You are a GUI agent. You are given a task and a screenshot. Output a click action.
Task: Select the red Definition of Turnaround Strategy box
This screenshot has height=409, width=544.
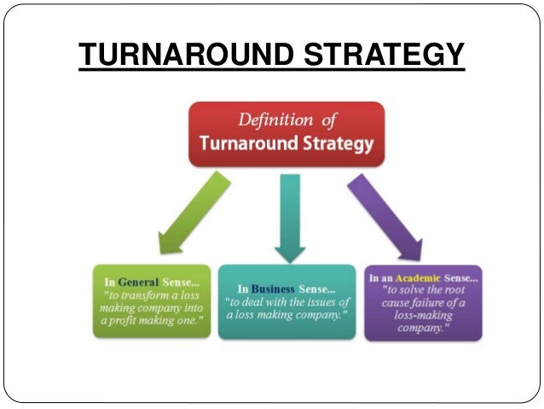[x=286, y=132]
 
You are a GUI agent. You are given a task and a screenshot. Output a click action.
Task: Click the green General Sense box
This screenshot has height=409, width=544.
[x=152, y=300]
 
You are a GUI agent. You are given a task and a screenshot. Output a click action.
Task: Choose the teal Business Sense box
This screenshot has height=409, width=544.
[x=286, y=300]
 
